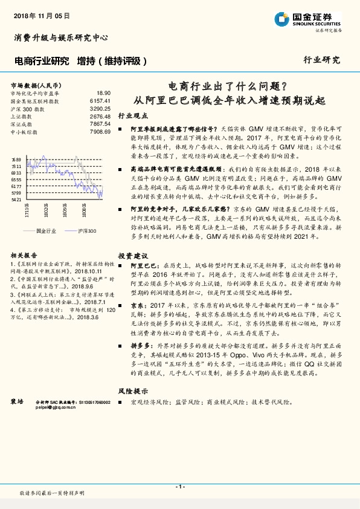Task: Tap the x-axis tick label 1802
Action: pos(46,210)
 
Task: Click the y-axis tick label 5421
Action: pos(16,199)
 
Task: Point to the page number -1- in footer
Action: pos(179,487)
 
